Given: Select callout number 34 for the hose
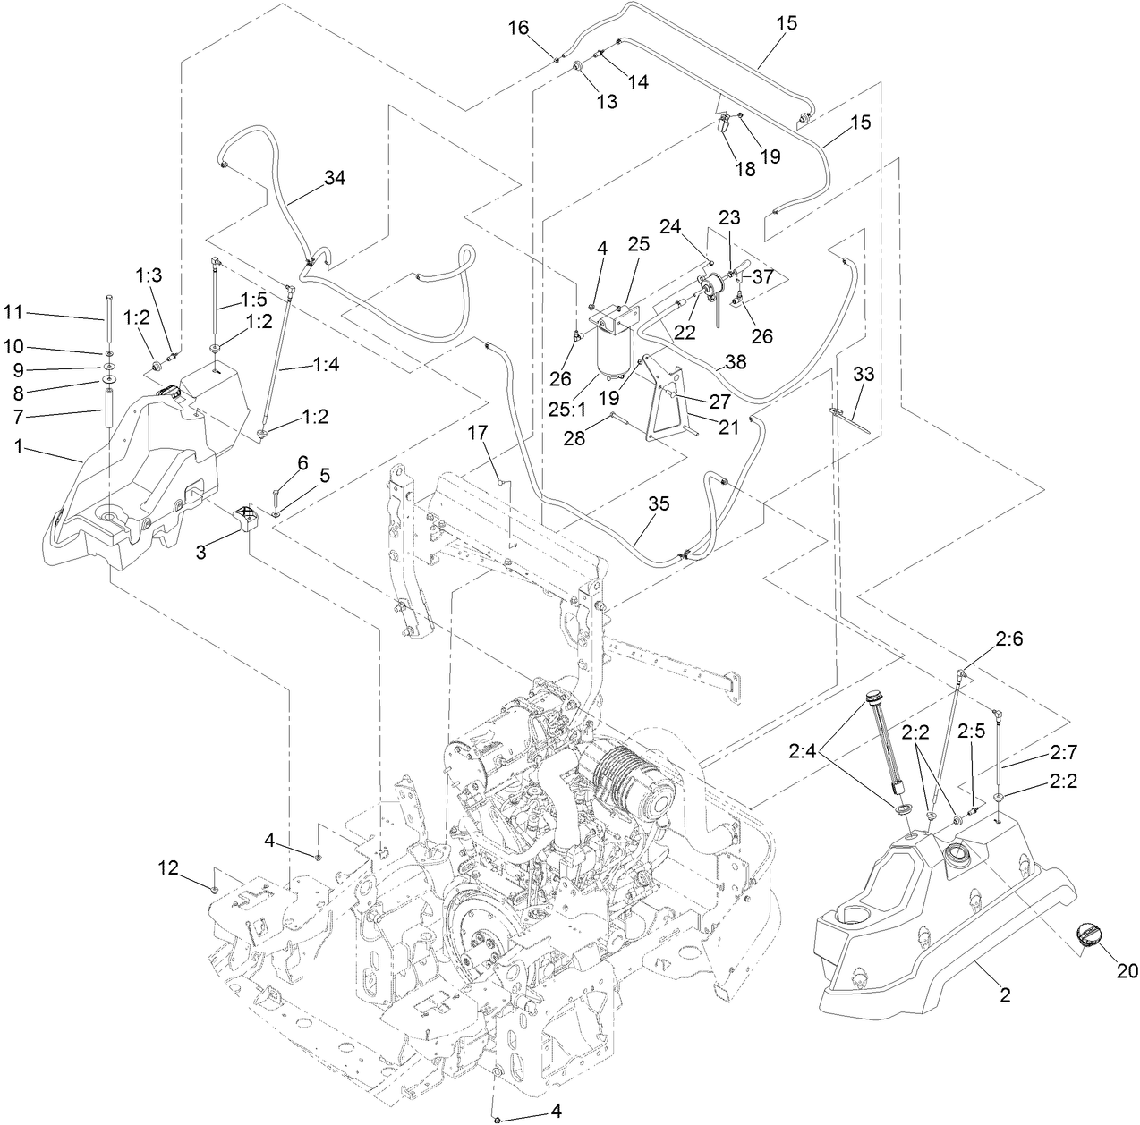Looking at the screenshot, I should (335, 178).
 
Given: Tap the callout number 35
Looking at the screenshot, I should (658, 504).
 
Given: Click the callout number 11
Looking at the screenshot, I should (13, 312).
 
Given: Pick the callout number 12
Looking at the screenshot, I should (168, 867).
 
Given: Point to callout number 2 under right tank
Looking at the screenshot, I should (1004, 995).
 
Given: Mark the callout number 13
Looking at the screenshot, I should (607, 102).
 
